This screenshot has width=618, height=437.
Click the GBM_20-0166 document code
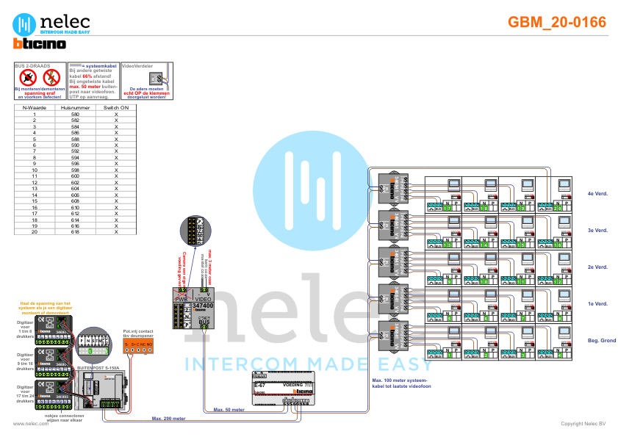[557, 22]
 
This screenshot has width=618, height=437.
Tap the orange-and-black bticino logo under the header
[40, 44]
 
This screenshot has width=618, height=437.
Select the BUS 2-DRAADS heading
[33, 65]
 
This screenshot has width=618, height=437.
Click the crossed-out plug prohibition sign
[27, 77]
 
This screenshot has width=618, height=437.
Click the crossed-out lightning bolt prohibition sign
[51, 77]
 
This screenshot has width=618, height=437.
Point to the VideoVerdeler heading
[137, 65]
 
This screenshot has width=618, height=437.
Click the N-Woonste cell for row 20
[35, 231]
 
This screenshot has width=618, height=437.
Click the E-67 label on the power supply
[259, 385]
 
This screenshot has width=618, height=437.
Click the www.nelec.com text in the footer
[26, 424]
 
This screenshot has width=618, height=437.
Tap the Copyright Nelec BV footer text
[583, 424]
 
